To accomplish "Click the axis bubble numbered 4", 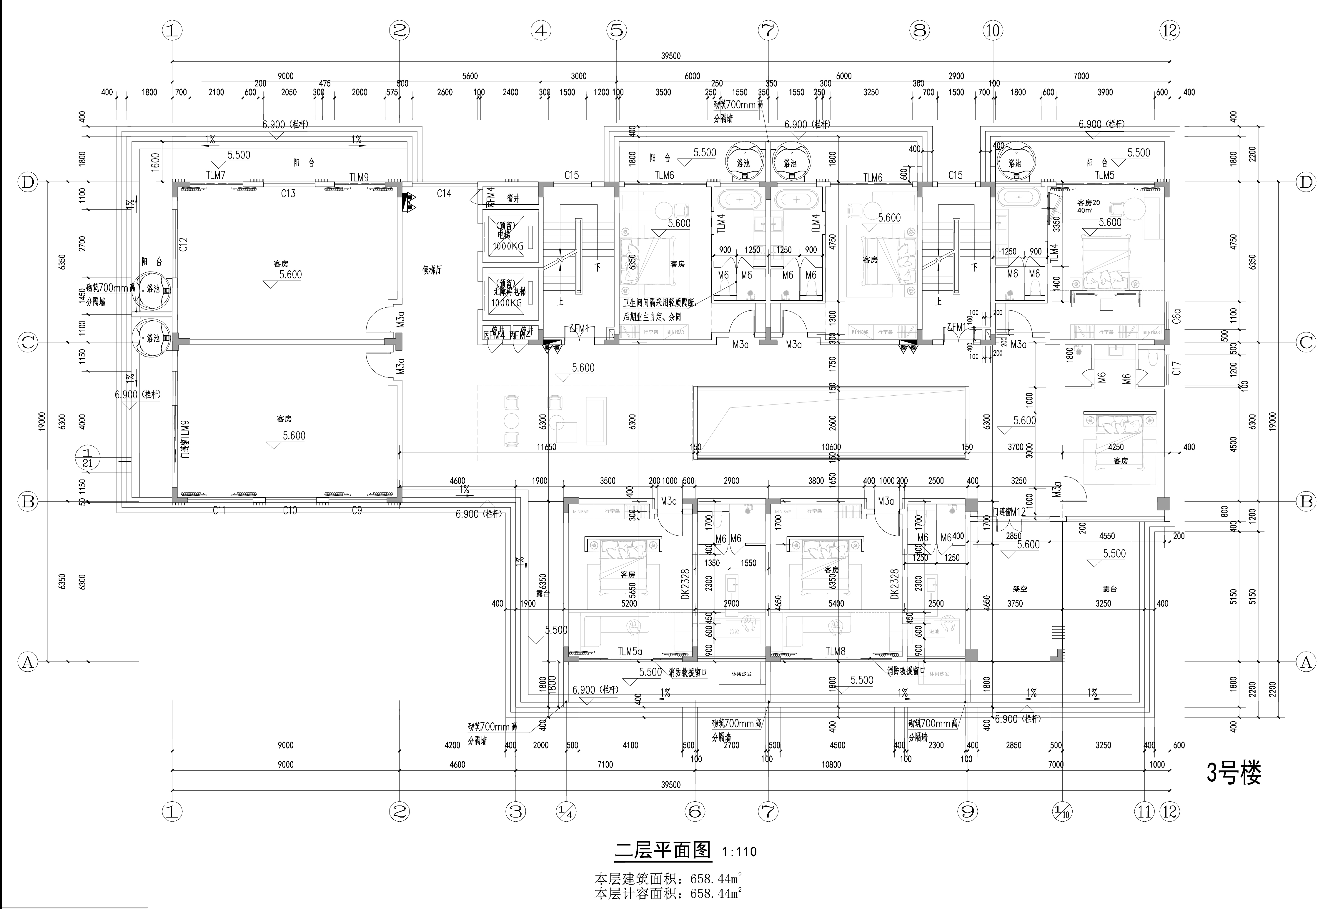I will click(540, 30).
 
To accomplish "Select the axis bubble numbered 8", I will click(919, 30).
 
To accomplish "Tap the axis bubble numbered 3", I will click(516, 811).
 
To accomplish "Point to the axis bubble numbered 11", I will click(1144, 811).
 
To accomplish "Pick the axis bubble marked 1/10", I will click(1062, 811).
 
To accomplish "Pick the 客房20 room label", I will click(1088, 203).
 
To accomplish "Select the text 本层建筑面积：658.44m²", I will click(668, 878).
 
